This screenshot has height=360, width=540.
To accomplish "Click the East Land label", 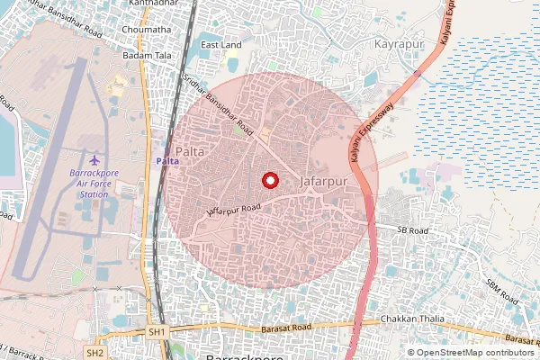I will click(220, 45).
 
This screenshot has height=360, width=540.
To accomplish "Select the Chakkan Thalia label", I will click(412, 319).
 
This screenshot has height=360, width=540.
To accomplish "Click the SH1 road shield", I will click(157, 332).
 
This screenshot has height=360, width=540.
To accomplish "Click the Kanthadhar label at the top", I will click(150, 4).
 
